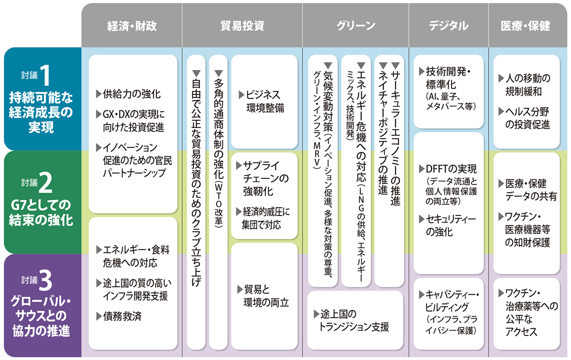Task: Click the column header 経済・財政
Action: pos(131,26)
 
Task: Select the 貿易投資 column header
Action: pos(242,26)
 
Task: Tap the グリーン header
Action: pos(356,26)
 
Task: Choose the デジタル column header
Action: pos(448,26)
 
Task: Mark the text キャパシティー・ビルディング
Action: pos(451,301)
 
